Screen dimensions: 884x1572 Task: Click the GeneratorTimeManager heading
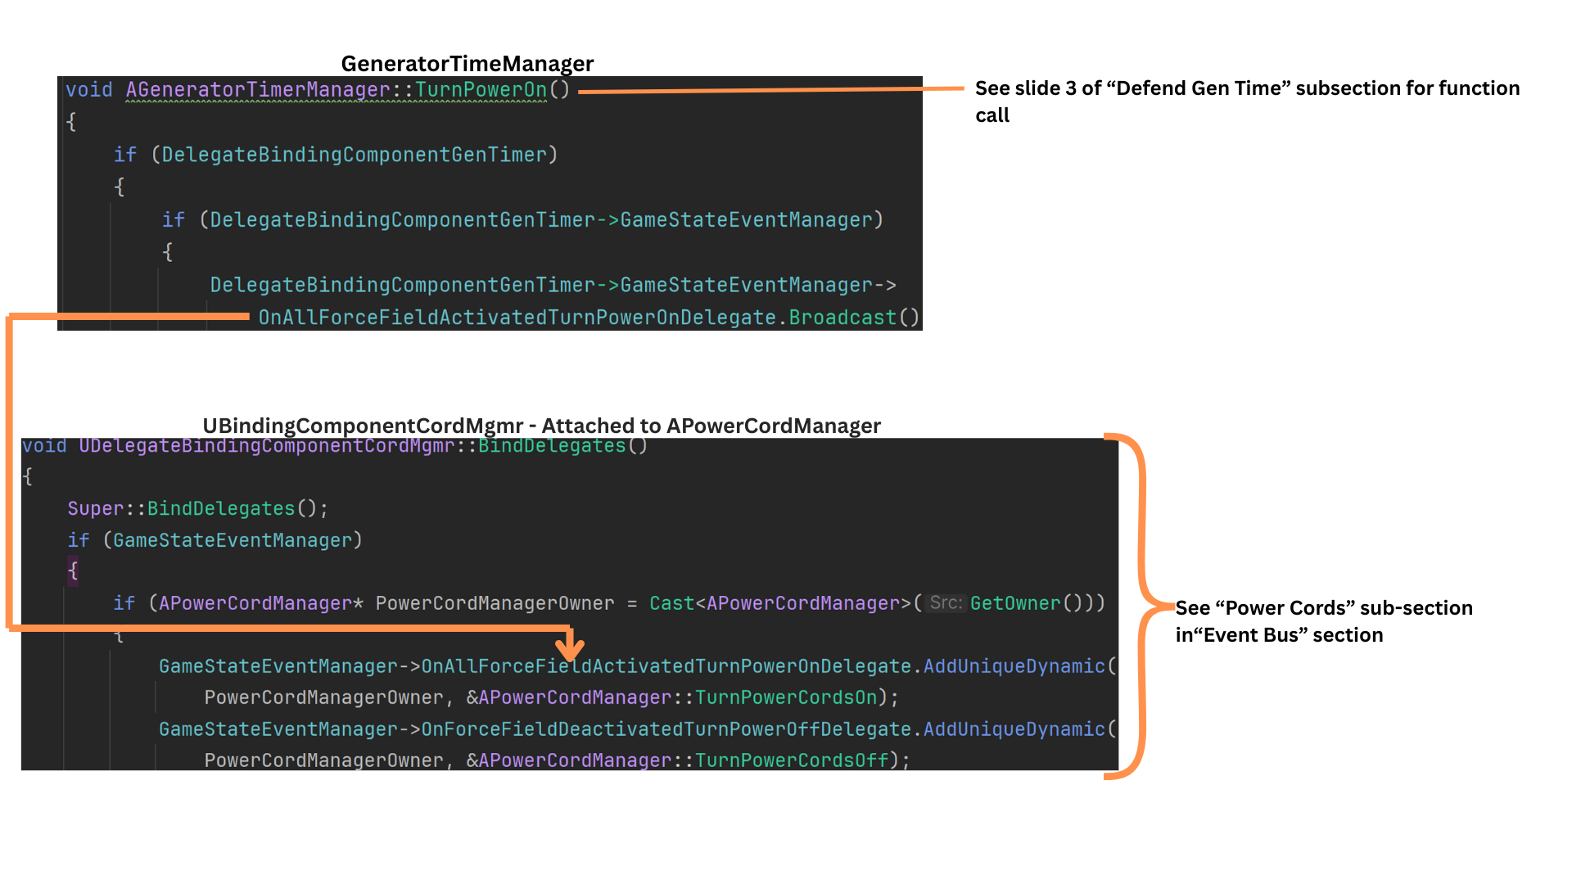pyautogui.click(x=467, y=64)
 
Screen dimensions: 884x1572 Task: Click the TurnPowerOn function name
pyautogui.click(x=481, y=89)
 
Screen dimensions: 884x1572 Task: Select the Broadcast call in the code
pyautogui.click(x=842, y=318)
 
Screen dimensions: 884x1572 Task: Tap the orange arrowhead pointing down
pyautogui.click(x=570, y=647)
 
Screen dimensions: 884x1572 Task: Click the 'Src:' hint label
pyautogui.click(x=946, y=603)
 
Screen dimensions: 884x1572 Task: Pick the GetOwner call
pyautogui.click(x=1015, y=603)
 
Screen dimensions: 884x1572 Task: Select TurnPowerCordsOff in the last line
pyautogui.click(x=792, y=760)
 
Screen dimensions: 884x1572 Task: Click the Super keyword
pyautogui.click(x=95, y=508)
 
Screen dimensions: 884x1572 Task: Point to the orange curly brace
pyautogui.click(x=1142, y=606)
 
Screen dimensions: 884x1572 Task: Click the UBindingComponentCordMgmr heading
pyautogui.click(x=541, y=426)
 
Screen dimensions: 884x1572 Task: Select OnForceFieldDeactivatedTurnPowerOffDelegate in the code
pyautogui.click(x=666, y=729)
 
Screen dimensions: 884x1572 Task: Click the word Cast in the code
pyautogui.click(x=671, y=603)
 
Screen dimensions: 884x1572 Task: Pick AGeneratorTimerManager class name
pyautogui.click(x=257, y=89)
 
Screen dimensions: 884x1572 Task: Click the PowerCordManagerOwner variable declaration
pyautogui.click(x=495, y=603)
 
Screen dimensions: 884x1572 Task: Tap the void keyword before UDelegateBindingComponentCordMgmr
pyautogui.click(x=44, y=446)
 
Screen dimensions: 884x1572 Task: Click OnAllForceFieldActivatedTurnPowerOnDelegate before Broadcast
pyautogui.click(x=517, y=318)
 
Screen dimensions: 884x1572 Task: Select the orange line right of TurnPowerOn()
pyautogui.click(x=770, y=90)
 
